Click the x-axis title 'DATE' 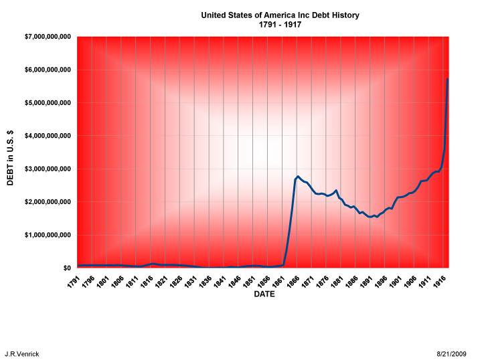point(264,294)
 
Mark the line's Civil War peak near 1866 point(297,177)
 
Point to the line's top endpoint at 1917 point(447,80)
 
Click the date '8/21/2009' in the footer point(453,353)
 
